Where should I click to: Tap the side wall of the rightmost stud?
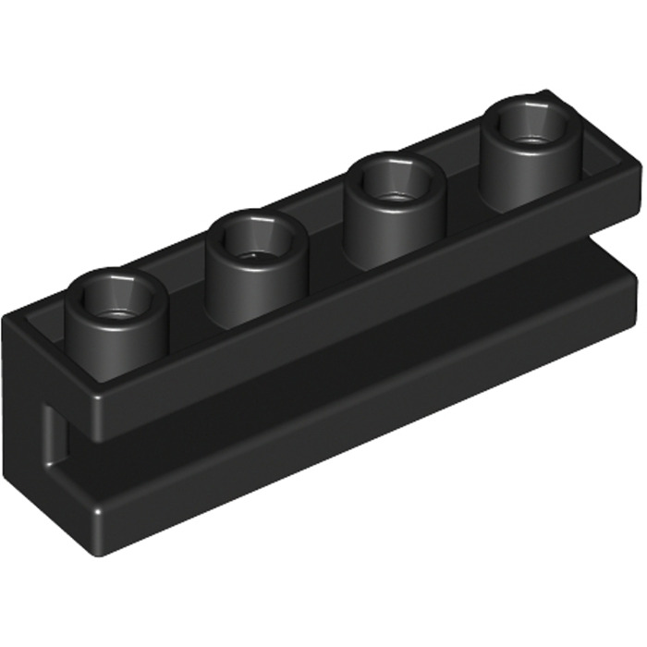pyautogui.click(x=531, y=166)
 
